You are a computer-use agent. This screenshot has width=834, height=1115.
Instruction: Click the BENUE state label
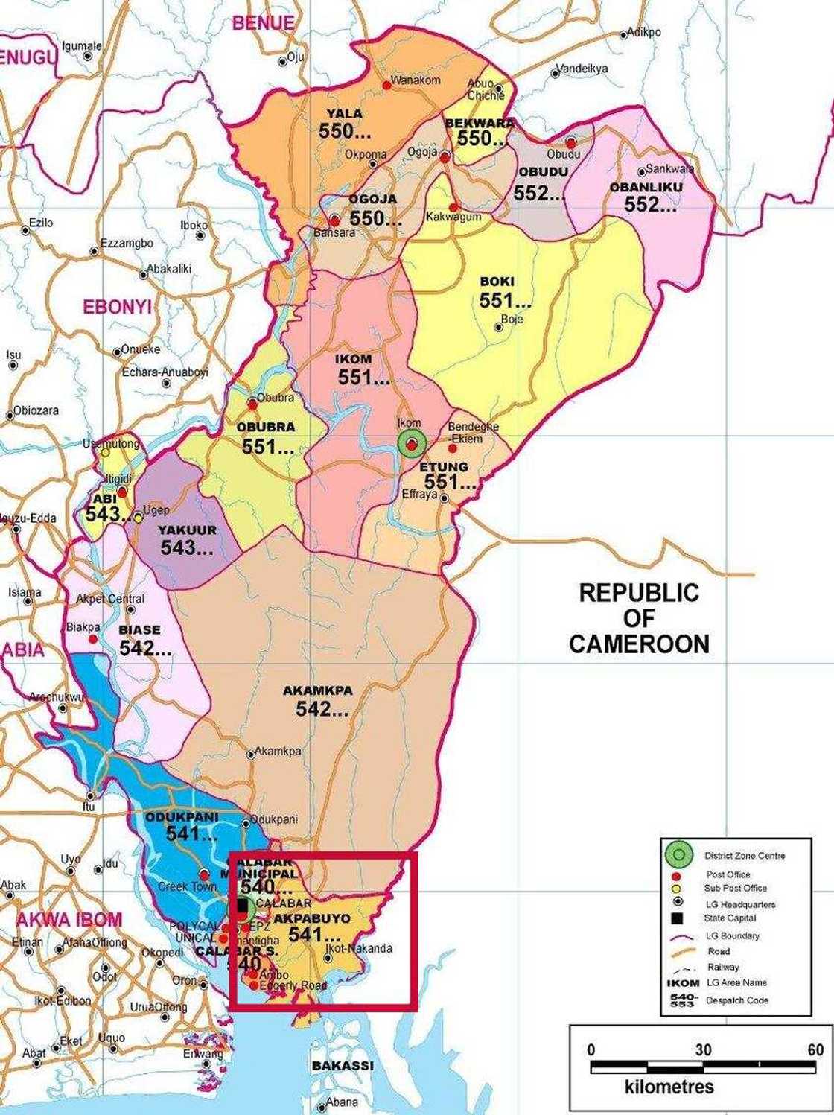coord(263,22)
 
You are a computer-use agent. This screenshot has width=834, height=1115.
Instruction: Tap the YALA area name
coord(345,114)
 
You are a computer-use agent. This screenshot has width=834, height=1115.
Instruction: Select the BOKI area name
coord(497,282)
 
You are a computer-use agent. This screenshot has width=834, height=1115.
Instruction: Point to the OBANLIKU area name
coord(646,187)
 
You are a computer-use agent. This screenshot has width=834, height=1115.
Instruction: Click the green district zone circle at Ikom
coord(411,444)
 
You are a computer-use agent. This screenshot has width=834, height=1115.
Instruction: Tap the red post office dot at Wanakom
coord(386,86)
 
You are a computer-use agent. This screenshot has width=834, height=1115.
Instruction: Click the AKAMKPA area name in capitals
coord(317,690)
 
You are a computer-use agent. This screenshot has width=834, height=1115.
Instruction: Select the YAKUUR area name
coord(187,530)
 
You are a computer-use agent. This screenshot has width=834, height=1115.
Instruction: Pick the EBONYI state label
coord(117,307)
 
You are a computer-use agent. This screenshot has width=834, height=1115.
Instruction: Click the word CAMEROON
coord(639,644)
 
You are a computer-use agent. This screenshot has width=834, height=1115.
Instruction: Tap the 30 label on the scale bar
coord(703,1050)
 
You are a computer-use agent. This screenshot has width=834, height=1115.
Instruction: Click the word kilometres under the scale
coord(669,1087)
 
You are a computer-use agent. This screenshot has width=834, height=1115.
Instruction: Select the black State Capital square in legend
coord(677,918)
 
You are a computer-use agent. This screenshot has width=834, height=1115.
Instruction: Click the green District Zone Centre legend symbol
coord(678,855)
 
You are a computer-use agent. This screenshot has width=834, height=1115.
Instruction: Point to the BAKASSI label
coord(343,1066)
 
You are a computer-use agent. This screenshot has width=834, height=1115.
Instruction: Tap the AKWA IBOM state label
coord(69,920)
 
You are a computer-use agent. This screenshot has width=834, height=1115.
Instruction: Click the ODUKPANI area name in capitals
coord(182,817)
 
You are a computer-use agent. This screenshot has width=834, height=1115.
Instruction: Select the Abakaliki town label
coord(169,269)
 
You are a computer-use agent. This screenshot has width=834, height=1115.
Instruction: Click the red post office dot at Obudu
coord(571,142)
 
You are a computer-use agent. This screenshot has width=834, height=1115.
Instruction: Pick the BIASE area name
coord(139,629)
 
